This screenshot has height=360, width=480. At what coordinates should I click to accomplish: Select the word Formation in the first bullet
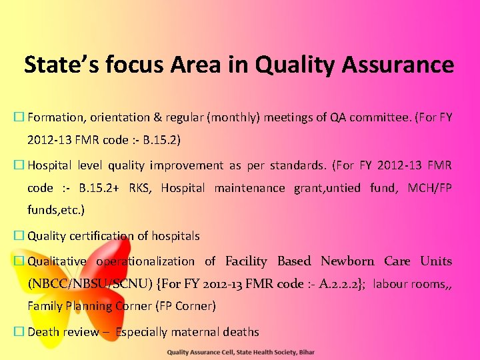55,117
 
